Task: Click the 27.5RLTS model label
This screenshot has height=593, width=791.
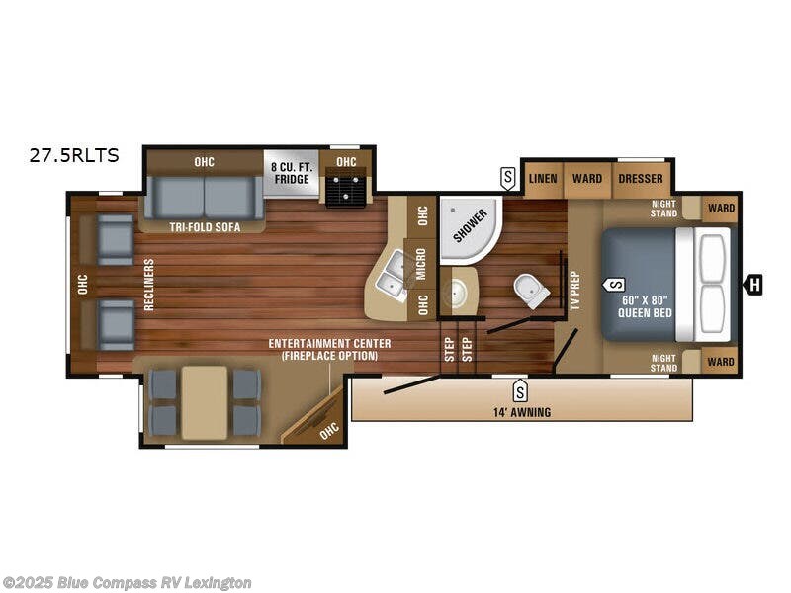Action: pyautogui.click(x=75, y=154)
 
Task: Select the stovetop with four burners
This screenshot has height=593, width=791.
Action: pyautogui.click(x=346, y=188)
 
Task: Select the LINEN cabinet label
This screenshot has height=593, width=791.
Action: pyautogui.click(x=543, y=179)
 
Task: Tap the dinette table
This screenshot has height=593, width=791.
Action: pyautogui.click(x=205, y=402)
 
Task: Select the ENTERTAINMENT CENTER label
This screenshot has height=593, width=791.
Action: pyautogui.click(x=329, y=344)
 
